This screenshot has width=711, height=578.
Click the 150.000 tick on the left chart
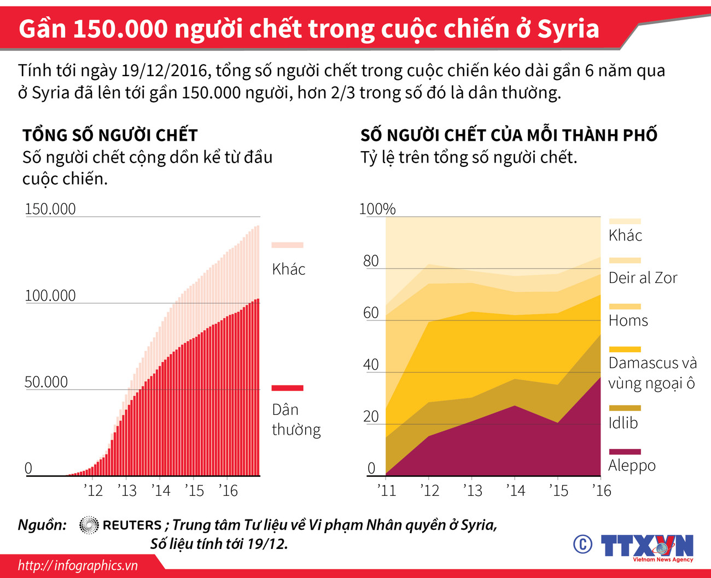click(50, 209)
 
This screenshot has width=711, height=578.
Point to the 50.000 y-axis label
click(46, 382)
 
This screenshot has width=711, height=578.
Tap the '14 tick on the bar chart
click(161, 490)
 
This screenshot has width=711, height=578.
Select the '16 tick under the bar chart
click(228, 490)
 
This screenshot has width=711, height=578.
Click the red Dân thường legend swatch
click(287, 388)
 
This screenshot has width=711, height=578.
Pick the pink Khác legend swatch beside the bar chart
click(287, 245)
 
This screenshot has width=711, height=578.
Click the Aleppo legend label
click(632, 466)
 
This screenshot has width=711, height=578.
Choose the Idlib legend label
click(623, 423)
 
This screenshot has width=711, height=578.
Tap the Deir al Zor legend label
click(643, 278)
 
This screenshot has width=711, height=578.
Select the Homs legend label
click(628, 321)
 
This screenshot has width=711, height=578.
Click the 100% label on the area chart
click(377, 209)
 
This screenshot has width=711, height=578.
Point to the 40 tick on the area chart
click(371, 365)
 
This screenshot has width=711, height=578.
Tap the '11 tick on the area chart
click(387, 490)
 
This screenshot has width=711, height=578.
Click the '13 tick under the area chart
click(473, 490)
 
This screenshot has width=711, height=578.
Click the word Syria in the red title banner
click(568, 29)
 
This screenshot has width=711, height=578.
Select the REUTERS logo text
click(132, 525)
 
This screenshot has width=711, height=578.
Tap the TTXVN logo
click(646, 546)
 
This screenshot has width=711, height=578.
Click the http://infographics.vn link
click(78, 565)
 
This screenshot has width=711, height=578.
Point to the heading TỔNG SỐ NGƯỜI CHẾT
click(110, 135)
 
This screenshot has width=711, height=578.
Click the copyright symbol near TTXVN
click(582, 545)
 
